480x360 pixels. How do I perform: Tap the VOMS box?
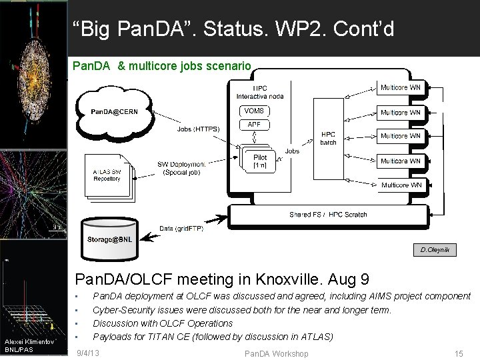pos(254,111)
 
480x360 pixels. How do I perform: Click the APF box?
pos(254,124)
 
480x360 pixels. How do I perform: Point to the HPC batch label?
pos(328,137)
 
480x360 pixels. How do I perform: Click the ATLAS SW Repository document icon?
pos(107,176)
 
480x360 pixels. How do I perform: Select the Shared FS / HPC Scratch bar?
pos(328,215)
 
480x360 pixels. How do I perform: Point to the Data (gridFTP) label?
pos(181,227)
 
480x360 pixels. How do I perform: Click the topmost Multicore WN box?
pos(400,87)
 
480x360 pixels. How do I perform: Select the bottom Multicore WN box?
pos(400,185)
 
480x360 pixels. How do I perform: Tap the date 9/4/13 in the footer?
pos(89,351)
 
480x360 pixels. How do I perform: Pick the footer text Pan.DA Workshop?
pos(277,353)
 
